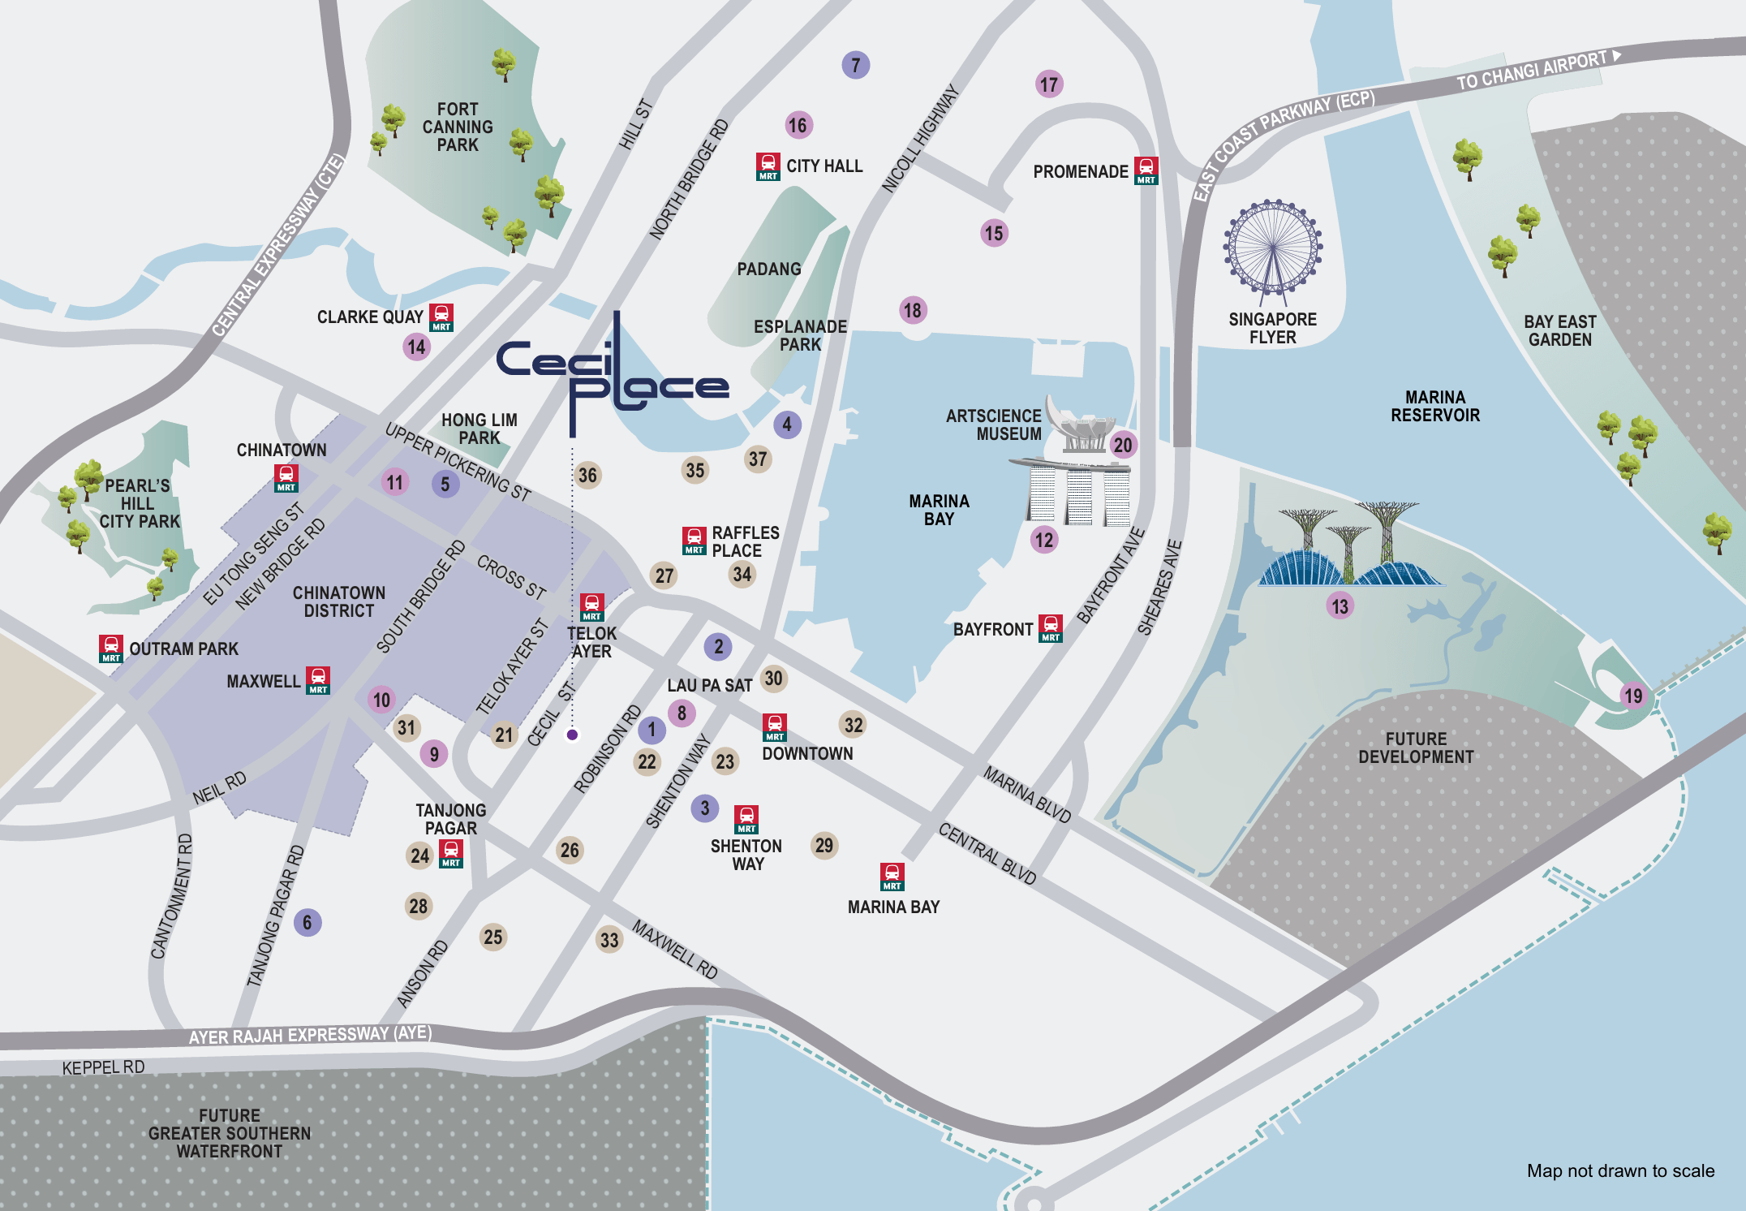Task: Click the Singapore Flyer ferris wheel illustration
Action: pyautogui.click(x=1273, y=247)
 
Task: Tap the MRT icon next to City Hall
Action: pyautogui.click(x=768, y=166)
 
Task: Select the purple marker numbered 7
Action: pyautogui.click(x=855, y=65)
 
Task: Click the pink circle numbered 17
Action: pyautogui.click(x=1049, y=84)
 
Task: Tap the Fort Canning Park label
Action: pyautogui.click(x=458, y=127)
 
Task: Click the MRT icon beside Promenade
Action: pyautogui.click(x=1146, y=171)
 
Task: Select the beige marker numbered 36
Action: pyautogui.click(x=587, y=475)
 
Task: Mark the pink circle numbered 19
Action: pyautogui.click(x=1632, y=696)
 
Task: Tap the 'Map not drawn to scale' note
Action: pyautogui.click(x=1620, y=1170)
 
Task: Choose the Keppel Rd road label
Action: pyautogui.click(x=103, y=1067)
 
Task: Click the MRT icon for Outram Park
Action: pyautogui.click(x=111, y=649)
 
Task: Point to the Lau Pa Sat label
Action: pyautogui.click(x=709, y=686)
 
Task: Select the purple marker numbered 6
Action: pyautogui.click(x=307, y=922)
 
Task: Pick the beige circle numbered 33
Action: pyautogui.click(x=609, y=940)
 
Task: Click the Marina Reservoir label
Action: pyautogui.click(x=1434, y=406)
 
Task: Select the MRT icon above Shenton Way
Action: pyautogui.click(x=746, y=819)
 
